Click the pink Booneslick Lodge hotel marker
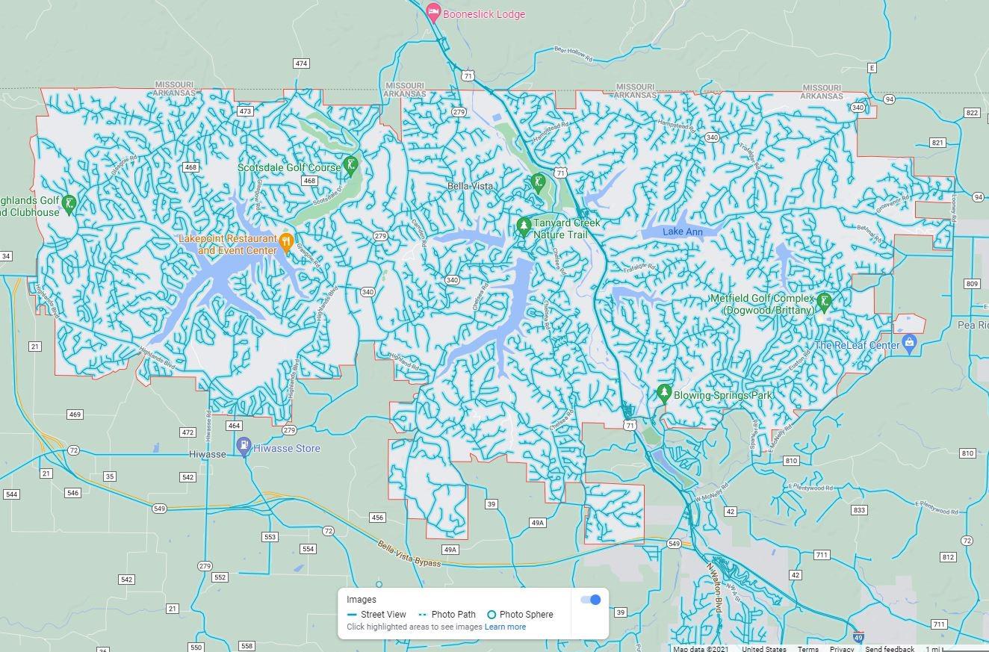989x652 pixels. (433, 12)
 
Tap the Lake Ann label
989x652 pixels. (683, 232)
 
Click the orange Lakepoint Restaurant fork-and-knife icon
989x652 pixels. (285, 241)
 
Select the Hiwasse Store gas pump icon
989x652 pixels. (244, 446)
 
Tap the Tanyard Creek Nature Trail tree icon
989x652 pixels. (524, 224)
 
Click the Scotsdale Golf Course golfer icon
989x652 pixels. (350, 165)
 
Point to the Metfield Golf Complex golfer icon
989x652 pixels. (824, 301)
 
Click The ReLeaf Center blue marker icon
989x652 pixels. (909, 343)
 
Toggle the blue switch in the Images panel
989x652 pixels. (591, 600)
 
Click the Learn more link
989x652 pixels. (505, 627)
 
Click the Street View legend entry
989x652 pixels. (377, 615)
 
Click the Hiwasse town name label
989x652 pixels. (207, 454)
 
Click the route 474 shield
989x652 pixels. (301, 63)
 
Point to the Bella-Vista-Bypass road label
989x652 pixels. (408, 553)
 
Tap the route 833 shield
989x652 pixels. (859, 510)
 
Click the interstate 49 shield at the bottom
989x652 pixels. (858, 639)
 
